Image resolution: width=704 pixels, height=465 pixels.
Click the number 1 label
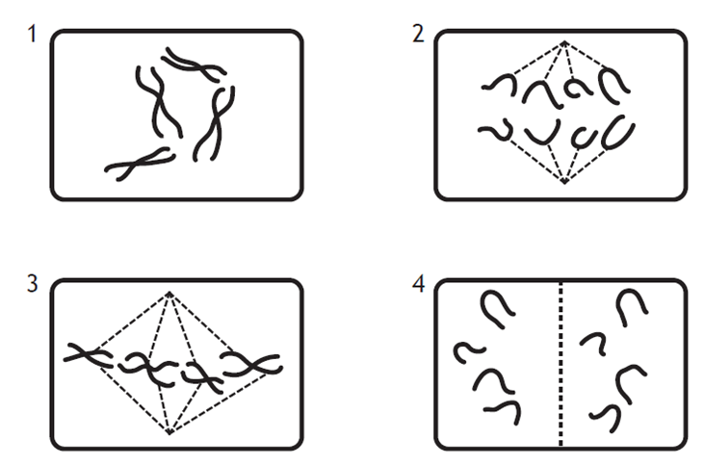32,34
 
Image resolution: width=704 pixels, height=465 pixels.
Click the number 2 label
418,34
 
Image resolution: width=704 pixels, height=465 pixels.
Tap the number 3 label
33,284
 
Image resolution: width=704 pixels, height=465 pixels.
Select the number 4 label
418,284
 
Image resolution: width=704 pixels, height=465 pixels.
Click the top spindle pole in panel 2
564,43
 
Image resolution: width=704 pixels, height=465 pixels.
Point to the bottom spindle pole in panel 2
564,181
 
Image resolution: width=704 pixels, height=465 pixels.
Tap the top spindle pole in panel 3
169,295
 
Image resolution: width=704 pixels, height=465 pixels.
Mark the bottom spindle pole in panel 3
169,431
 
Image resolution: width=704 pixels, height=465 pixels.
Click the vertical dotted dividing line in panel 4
561,364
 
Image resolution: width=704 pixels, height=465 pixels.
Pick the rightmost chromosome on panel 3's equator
252,365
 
